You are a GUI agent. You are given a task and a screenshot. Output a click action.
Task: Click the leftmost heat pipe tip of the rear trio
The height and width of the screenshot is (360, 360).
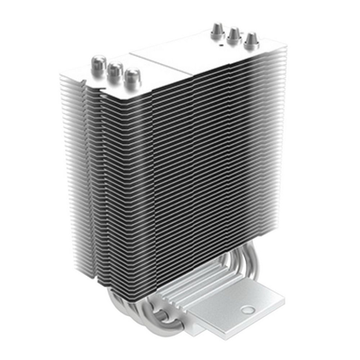point(214,29)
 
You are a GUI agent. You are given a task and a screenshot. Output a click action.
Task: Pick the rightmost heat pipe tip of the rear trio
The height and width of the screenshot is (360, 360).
point(251,39)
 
